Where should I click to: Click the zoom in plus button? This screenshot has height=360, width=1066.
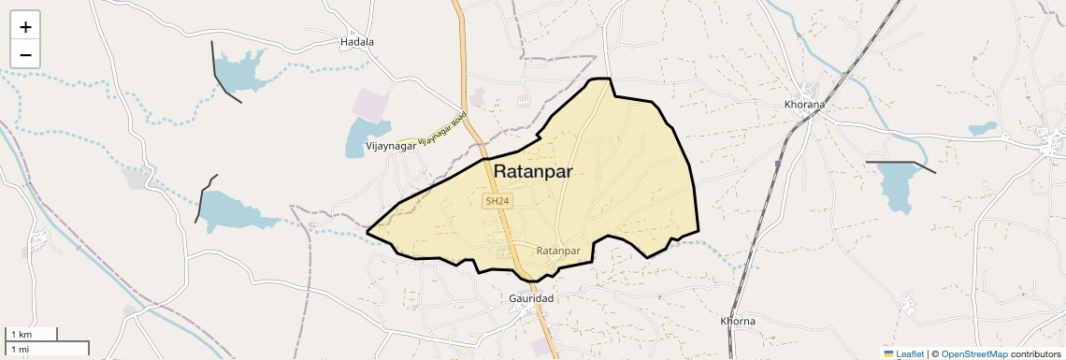(x=25, y=27)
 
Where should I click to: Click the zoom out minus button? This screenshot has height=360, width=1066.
(x=25, y=54)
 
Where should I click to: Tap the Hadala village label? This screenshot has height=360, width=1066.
(x=357, y=42)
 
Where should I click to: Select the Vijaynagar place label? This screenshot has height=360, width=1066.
(x=390, y=146)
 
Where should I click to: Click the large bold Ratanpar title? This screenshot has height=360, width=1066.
(x=545, y=172)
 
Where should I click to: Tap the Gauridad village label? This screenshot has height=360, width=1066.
(x=531, y=297)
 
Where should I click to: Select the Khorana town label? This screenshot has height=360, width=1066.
(x=804, y=105)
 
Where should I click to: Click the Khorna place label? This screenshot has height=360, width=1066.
(x=738, y=321)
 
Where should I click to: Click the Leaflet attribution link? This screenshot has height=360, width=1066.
(x=910, y=353)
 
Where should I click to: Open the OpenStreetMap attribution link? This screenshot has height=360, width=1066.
(x=974, y=353)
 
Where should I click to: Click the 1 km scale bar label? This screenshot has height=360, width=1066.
(x=21, y=335)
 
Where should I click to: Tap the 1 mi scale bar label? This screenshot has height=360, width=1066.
(x=20, y=349)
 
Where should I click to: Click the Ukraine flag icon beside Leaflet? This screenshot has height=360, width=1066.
(x=889, y=353)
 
